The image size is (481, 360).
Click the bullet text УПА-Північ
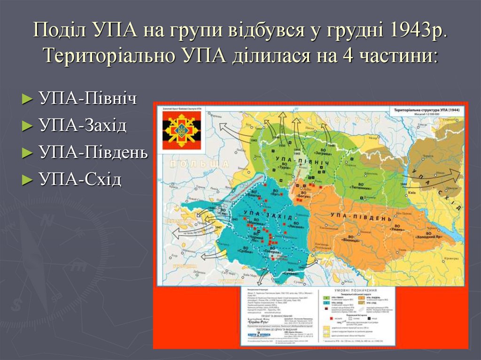88,99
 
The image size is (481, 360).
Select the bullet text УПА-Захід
83,125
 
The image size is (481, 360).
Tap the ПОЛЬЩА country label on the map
197,164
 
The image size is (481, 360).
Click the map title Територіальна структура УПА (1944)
425,109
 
